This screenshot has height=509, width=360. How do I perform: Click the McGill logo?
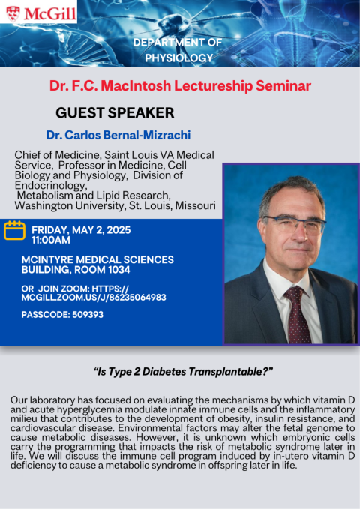tap(40, 13)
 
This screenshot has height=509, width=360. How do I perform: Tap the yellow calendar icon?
tap(14, 230)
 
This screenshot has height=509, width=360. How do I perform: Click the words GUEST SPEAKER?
tap(115, 113)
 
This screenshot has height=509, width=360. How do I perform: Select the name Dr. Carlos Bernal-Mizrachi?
tap(118, 135)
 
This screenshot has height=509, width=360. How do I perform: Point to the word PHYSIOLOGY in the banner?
tap(179, 58)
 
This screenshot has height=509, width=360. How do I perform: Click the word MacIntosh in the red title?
tap(136, 85)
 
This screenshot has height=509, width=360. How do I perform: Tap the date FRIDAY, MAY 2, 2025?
tap(81, 230)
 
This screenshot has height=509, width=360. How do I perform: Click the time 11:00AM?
tap(51, 240)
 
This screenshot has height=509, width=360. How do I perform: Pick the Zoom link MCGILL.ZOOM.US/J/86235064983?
tap(94, 298)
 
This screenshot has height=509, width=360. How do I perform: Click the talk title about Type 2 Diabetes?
tap(183, 371)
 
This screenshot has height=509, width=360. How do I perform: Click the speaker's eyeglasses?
tap(295, 223)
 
